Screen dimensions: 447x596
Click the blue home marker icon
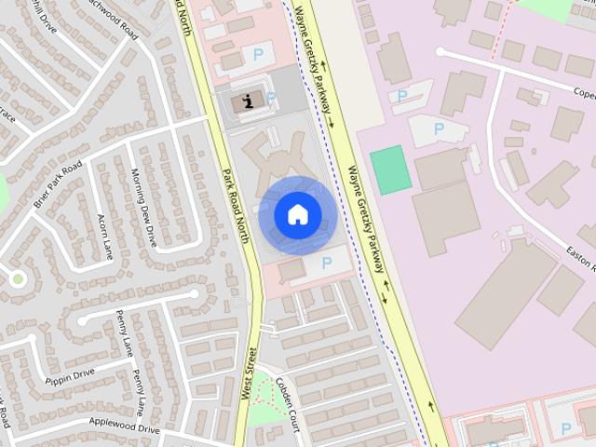coord(297,215)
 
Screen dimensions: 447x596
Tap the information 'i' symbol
coord(246,101)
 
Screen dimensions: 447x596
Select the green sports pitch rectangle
coord(391,169)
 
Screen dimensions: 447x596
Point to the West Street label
coord(249,372)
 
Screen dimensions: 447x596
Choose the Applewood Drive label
coord(124,427)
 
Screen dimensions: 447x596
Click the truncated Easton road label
coord(581,257)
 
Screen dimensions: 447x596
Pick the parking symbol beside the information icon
coord(271,98)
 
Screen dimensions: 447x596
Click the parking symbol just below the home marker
coord(326,264)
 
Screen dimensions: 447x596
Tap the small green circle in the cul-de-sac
coord(17,278)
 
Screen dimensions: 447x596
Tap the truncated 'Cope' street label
coord(583,94)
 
